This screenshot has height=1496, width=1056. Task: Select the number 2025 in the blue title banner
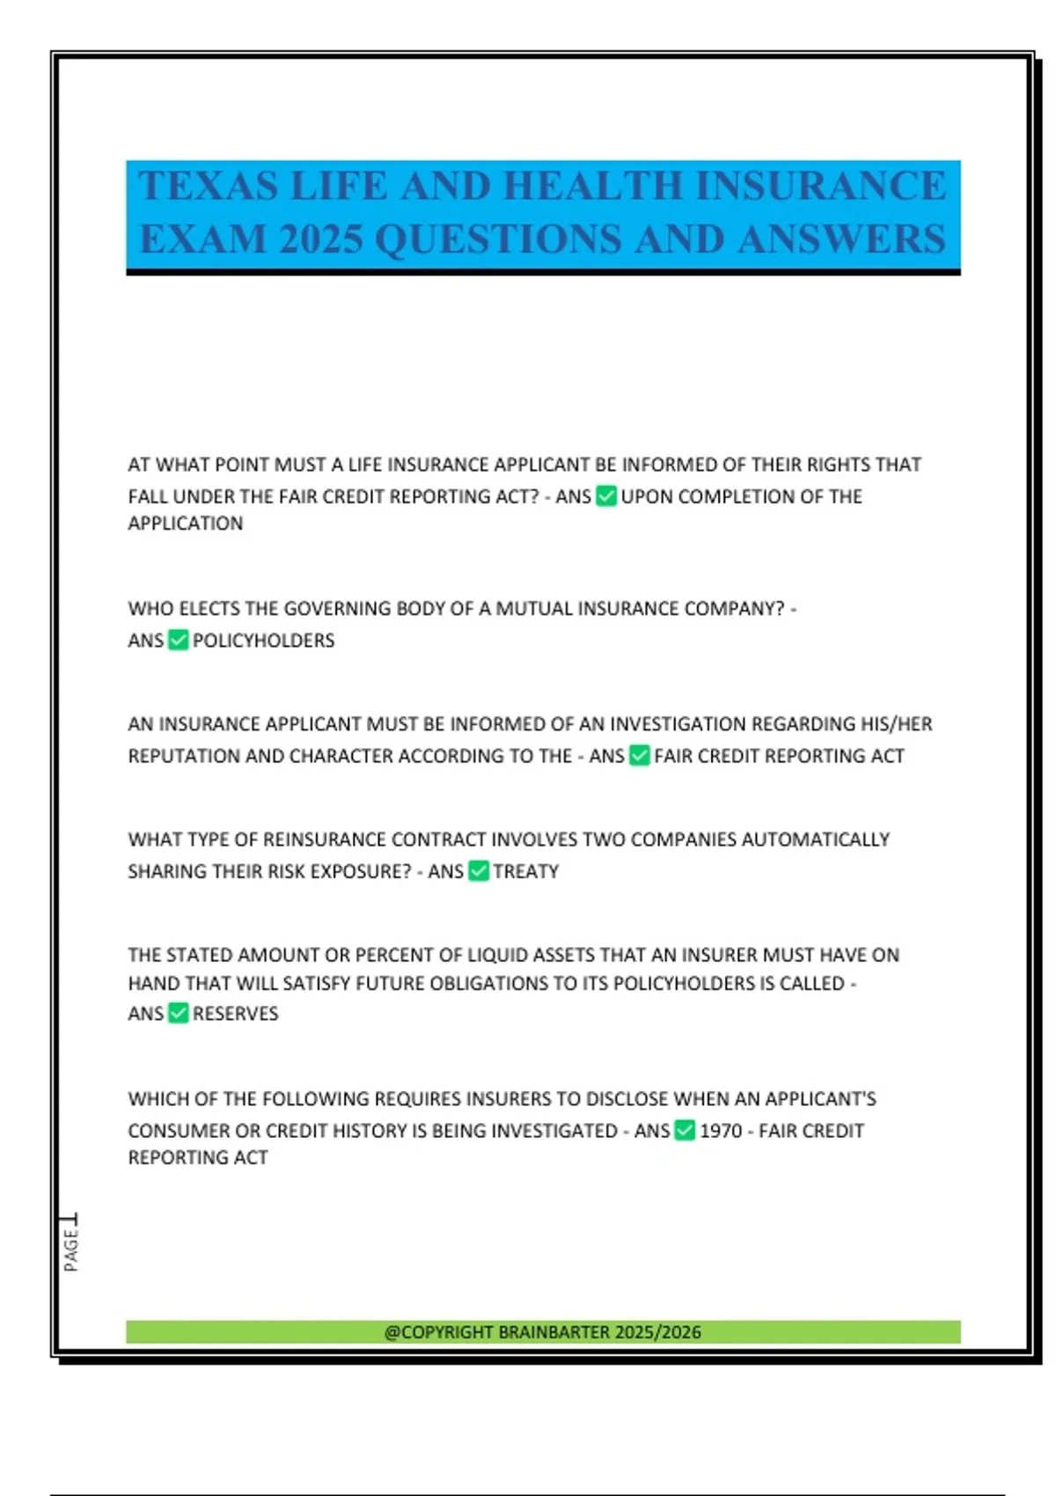[320, 239]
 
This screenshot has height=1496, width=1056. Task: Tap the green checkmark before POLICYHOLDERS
[179, 640]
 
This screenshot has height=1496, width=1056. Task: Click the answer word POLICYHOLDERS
[263, 641]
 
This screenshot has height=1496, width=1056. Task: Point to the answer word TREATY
[525, 871]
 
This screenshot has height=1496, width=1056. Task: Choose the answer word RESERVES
[235, 1014]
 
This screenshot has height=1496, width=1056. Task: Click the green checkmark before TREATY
[479, 871]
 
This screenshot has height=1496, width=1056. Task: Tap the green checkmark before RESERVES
[179, 1013]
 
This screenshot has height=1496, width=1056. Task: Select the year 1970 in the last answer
[721, 1131]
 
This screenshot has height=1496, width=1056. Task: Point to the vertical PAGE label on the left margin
[71, 1250]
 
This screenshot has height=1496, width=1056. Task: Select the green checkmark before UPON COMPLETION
[606, 496]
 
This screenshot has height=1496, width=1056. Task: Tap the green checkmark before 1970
[685, 1131]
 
